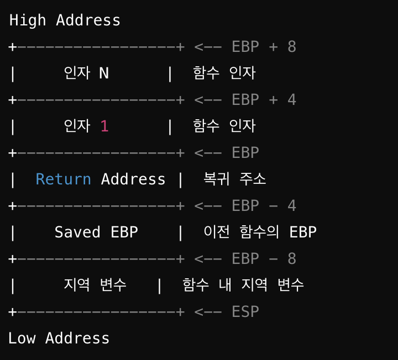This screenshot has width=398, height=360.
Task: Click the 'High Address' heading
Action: click(65, 20)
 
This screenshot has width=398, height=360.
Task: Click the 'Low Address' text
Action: click(59, 338)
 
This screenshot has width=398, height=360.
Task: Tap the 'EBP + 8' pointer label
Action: click(264, 47)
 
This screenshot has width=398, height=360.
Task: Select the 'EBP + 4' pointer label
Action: click(264, 100)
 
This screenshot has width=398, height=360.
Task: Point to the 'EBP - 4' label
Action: click(264, 206)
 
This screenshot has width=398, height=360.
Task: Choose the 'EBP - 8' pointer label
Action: click(264, 259)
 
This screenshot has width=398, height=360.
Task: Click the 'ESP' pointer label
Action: click(245, 312)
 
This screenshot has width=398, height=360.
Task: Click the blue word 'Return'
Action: click(63, 179)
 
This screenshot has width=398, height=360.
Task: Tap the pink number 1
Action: click(104, 126)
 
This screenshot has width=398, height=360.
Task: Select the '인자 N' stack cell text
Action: click(86, 73)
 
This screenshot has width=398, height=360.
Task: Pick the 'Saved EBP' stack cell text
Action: click(96, 232)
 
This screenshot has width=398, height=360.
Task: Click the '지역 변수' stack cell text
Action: click(95, 285)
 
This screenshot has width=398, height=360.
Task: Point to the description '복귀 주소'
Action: click(235, 179)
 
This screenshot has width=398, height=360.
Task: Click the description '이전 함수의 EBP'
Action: click(260, 232)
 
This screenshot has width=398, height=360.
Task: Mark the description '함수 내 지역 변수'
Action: click(243, 285)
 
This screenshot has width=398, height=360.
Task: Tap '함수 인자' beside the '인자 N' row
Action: click(224, 73)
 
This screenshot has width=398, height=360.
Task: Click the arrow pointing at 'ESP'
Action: click(208, 312)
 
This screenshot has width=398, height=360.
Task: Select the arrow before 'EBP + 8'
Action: click(208, 47)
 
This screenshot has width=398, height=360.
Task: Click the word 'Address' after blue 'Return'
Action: click(133, 179)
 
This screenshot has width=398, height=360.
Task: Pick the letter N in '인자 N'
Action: click(104, 73)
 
